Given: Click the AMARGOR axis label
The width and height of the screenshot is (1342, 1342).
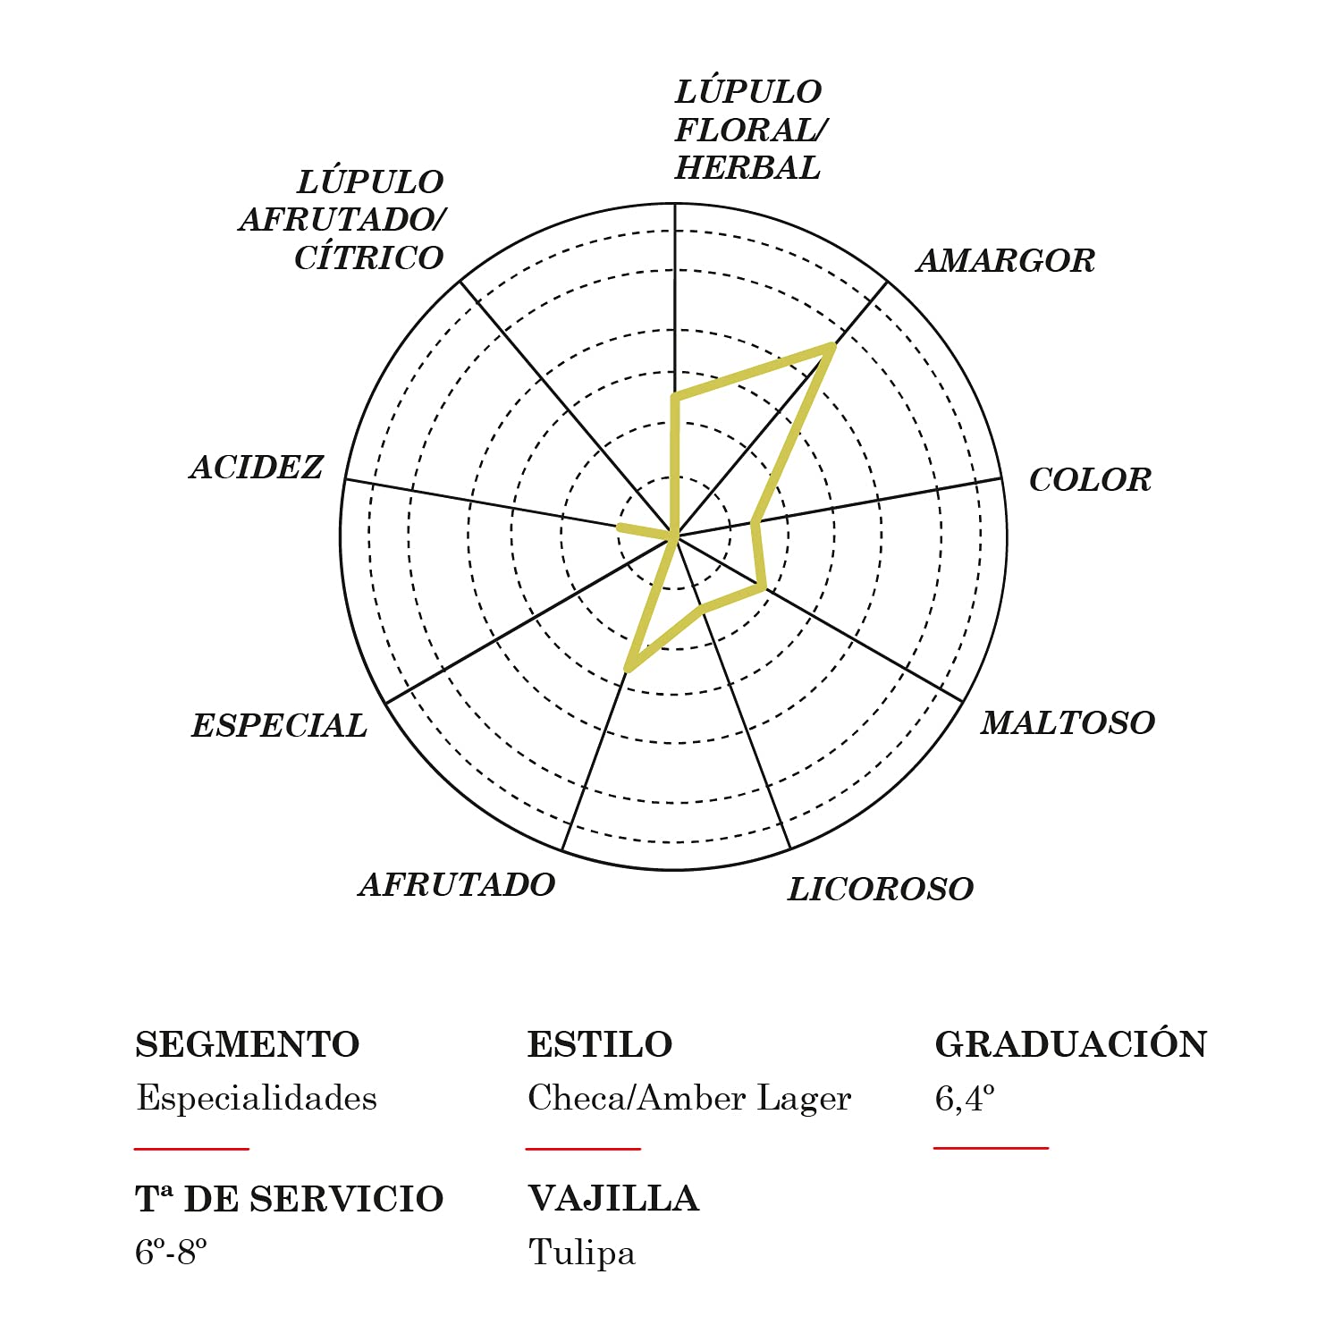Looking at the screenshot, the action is [x=1006, y=261].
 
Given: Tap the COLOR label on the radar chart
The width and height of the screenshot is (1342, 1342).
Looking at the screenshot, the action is [x=1090, y=480].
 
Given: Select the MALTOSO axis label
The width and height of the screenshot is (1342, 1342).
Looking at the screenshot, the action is [x=1068, y=722].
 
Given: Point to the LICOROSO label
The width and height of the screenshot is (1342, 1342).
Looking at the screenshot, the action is [x=881, y=889].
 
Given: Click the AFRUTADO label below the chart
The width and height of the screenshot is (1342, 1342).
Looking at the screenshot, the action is [x=457, y=884].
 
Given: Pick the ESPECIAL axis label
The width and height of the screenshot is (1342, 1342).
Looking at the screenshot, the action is [x=279, y=725].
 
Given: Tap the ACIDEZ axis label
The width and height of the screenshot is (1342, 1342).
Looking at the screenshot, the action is [x=257, y=467].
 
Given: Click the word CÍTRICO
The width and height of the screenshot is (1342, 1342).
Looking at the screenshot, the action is [x=369, y=257].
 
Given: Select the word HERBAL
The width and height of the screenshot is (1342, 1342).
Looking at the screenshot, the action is [x=747, y=168].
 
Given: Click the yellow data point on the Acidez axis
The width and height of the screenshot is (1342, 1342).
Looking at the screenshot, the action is [x=620, y=528].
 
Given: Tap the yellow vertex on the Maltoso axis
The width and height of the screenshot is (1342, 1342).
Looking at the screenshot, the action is [x=763, y=587].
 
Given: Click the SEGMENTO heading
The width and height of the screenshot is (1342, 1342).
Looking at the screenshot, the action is [x=248, y=1044].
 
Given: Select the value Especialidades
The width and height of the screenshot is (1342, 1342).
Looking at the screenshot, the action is [x=257, y=1098].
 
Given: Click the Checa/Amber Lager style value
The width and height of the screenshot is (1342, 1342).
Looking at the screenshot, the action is [x=689, y=1099].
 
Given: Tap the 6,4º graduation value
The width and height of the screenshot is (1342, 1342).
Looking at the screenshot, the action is [x=965, y=1098].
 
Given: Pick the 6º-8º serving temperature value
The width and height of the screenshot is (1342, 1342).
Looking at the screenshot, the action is [x=171, y=1253].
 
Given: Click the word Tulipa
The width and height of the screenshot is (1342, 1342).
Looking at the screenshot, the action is [x=582, y=1253].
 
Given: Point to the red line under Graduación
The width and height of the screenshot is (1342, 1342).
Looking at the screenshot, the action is [x=991, y=1148].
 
